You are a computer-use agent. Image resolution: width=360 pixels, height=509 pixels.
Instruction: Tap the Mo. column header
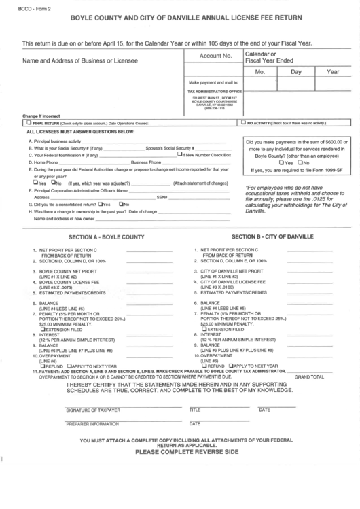tap(259, 71)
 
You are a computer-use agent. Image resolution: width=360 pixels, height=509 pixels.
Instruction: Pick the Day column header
tap(295, 71)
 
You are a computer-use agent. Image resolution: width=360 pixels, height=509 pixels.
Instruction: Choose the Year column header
tap(333, 71)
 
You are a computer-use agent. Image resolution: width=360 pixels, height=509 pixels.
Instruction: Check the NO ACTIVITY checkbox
tap(244, 123)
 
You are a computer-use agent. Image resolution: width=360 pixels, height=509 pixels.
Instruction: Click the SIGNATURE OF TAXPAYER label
tap(92, 410)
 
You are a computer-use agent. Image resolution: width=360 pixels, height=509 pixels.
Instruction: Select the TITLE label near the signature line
tap(195, 410)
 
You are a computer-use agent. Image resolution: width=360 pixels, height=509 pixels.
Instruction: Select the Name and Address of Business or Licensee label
tap(79, 61)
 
